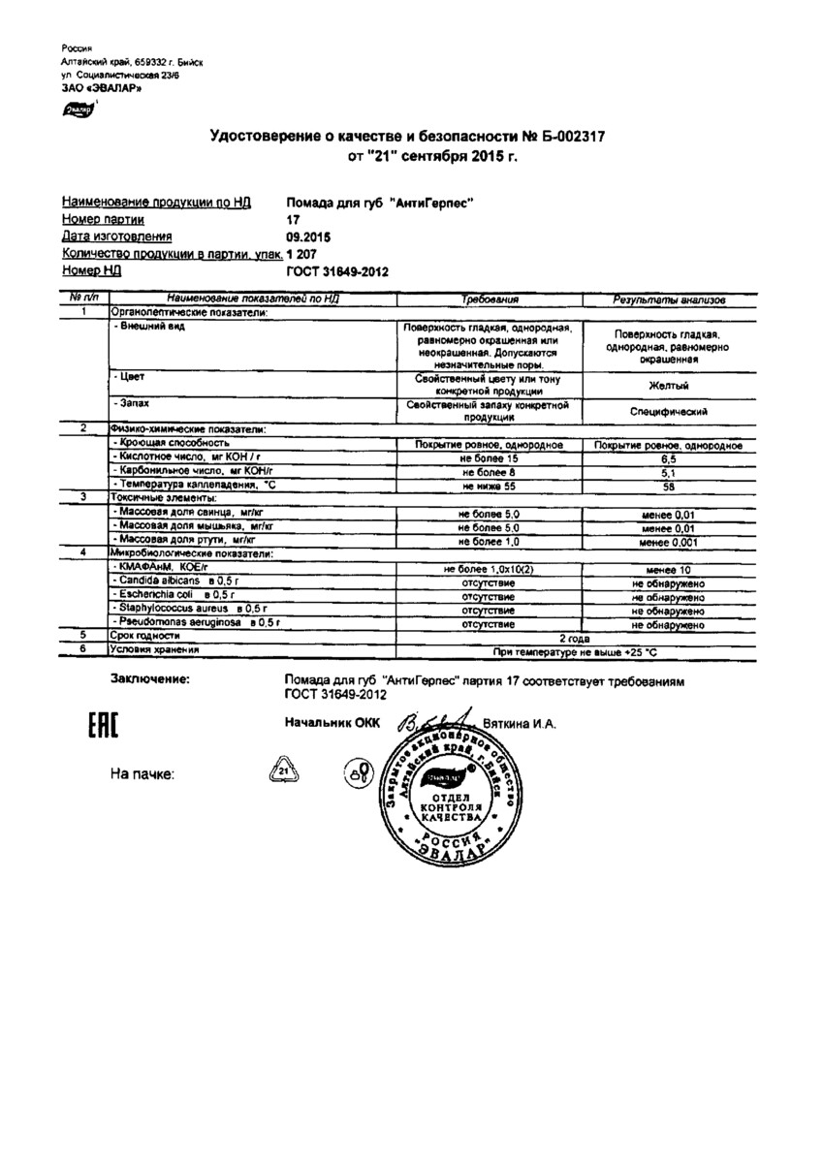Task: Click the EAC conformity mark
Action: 97,728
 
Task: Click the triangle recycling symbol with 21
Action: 284,772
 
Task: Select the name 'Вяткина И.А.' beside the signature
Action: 519,723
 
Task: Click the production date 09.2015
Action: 309,236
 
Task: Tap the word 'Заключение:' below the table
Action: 150,680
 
